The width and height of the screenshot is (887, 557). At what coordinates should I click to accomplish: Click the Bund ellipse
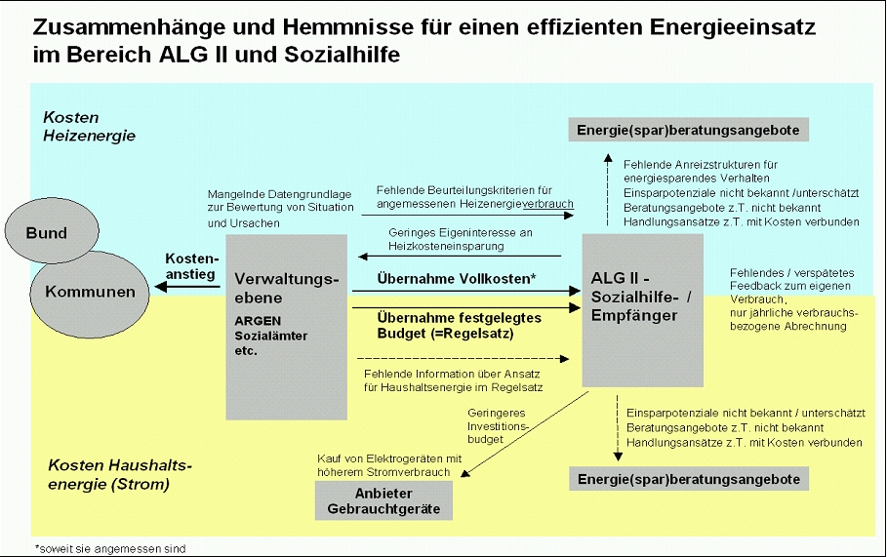tap(52, 231)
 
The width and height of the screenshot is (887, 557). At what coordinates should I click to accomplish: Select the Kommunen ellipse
tap(90, 294)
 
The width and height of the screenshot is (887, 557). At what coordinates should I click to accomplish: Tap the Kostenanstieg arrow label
tap(190, 266)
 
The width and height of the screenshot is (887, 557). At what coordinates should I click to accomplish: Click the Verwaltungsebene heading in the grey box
tap(286, 289)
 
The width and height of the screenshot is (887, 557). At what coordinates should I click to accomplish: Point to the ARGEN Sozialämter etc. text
tap(271, 336)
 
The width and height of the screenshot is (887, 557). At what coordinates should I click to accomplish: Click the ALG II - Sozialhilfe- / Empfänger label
tap(641, 297)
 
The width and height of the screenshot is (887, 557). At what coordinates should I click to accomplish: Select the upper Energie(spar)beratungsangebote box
tap(689, 130)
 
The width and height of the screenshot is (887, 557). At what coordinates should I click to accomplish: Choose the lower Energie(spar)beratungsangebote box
tap(689, 479)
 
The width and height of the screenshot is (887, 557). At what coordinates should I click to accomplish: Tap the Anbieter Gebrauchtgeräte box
tap(383, 501)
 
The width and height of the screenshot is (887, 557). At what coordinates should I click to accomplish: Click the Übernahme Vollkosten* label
tap(457, 278)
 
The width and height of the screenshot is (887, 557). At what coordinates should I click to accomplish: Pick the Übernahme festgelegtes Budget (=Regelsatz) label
tap(459, 325)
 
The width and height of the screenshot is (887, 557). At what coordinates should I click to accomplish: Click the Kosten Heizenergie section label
tap(90, 126)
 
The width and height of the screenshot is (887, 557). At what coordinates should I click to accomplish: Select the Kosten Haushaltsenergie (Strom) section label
tap(120, 474)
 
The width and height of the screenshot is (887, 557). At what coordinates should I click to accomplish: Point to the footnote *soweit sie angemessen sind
tap(110, 548)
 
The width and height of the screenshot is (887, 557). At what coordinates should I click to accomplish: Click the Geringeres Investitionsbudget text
tap(498, 426)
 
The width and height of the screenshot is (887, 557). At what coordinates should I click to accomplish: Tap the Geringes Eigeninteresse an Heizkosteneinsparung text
tap(460, 239)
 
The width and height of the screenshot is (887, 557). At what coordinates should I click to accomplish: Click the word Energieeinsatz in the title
tap(732, 26)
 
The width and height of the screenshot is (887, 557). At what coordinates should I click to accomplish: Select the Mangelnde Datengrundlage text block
tap(281, 209)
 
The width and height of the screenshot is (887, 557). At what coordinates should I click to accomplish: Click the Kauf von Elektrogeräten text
tap(389, 465)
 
